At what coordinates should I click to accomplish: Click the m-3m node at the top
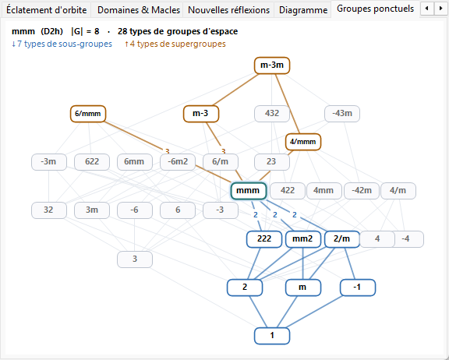coord(272,65)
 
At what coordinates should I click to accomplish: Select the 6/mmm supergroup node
coord(88,114)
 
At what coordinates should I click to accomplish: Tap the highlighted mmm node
coord(249,191)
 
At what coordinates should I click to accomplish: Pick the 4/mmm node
coord(303,142)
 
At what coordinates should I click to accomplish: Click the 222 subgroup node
coord(264,239)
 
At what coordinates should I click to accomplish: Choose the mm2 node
coord(302,239)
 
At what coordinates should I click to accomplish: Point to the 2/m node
coord(342,239)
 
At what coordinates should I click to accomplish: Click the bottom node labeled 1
coord(272,336)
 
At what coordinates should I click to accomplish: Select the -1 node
coord(358,288)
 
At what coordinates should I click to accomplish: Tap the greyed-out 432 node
coord(272,114)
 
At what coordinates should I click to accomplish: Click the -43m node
coord(342,114)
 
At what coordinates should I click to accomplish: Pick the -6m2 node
coord(178,162)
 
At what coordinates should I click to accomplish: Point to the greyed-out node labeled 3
coord(135,259)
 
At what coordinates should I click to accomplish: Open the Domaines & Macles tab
coord(139,10)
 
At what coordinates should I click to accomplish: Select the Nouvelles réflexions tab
coord(229,10)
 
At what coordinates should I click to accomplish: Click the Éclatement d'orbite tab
coord(47,10)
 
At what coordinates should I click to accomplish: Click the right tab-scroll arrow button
coord(440,9)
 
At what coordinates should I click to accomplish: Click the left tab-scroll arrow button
coord(427,9)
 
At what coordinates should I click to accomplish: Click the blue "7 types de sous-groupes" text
coord(62,44)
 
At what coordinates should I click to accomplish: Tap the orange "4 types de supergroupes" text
coord(175,44)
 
